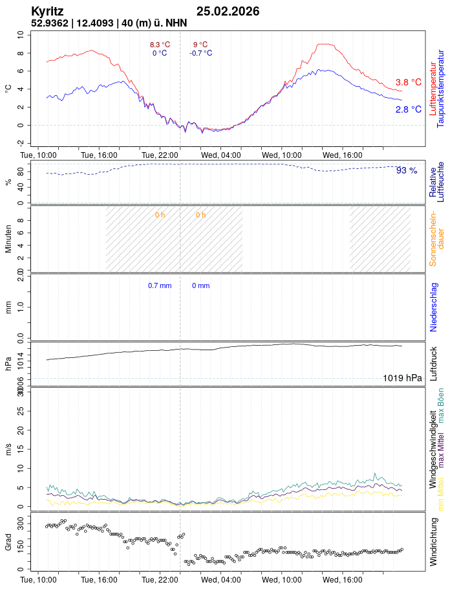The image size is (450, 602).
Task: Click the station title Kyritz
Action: (x=47, y=12)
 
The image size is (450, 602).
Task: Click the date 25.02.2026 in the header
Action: (x=228, y=12)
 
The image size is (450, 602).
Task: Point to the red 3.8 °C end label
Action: (x=408, y=82)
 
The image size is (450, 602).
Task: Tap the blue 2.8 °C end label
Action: (x=408, y=109)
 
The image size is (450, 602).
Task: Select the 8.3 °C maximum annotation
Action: (x=160, y=45)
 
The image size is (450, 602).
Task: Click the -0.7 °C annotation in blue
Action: (x=200, y=53)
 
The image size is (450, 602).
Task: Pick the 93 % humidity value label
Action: (x=407, y=170)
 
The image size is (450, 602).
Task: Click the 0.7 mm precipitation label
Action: (x=160, y=285)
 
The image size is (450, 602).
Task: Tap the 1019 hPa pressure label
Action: (x=402, y=378)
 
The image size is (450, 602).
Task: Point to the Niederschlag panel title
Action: (x=434, y=307)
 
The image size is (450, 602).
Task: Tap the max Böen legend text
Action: (x=441, y=405)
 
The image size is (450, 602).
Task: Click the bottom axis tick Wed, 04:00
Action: (x=221, y=581)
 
